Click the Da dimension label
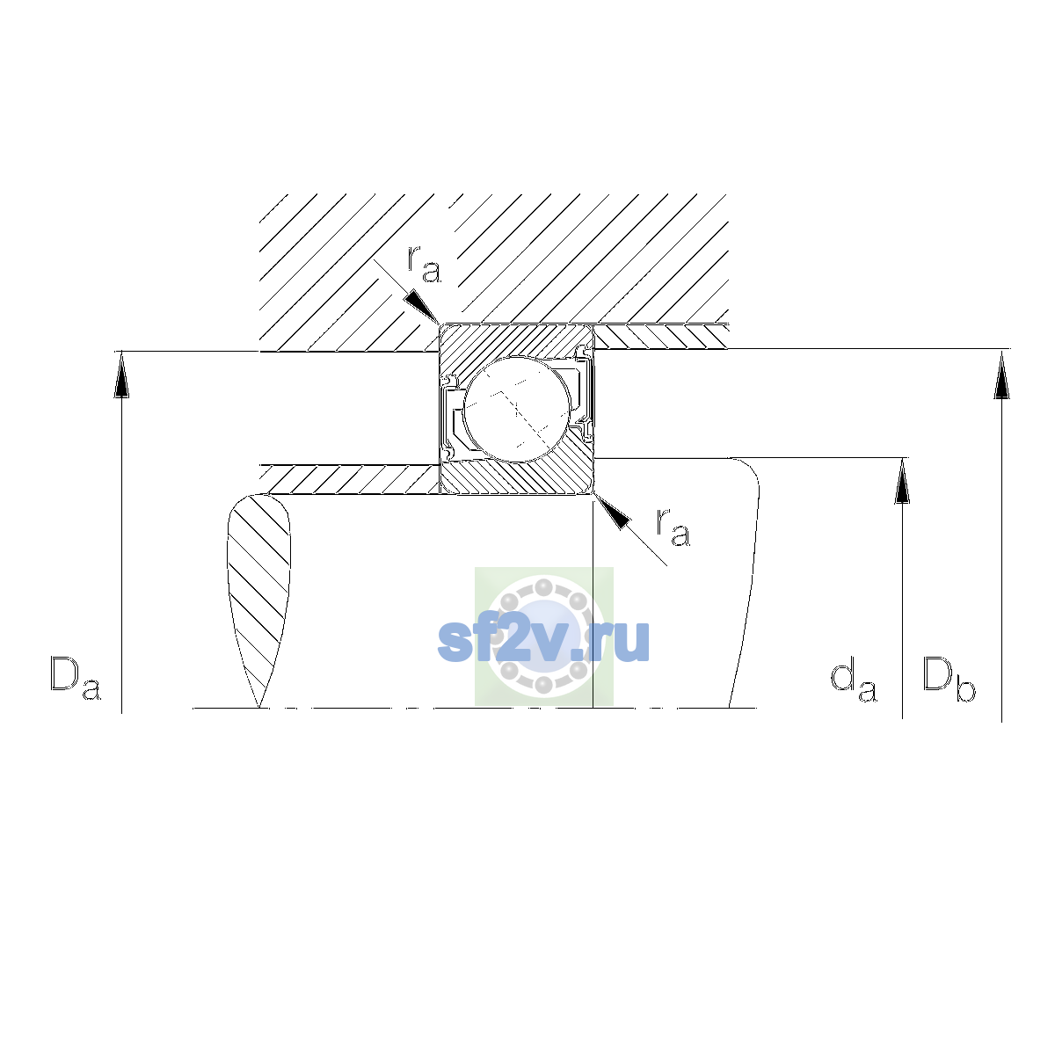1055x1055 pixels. point(76,679)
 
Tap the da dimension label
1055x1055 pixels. point(854,680)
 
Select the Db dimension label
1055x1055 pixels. point(949,679)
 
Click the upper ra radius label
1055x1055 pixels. point(424,265)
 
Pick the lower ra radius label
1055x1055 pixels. point(673,527)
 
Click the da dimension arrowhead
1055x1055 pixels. point(902,481)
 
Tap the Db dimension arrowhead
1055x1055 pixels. point(1002,375)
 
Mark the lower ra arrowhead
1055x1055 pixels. point(612,512)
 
